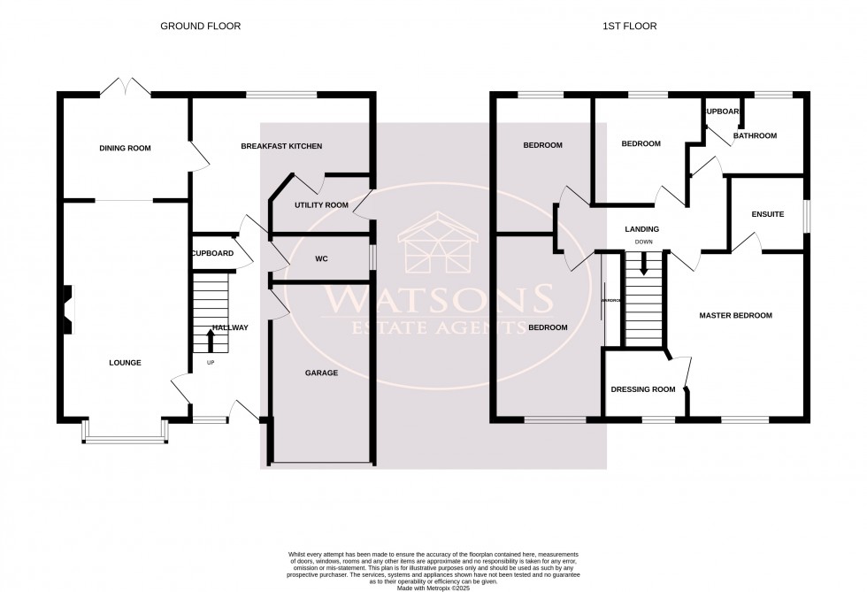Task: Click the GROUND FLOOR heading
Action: pyautogui.click(x=200, y=27)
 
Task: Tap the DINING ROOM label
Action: pyautogui.click(x=125, y=148)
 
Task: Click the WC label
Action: pyautogui.click(x=322, y=260)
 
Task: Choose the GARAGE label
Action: pyautogui.click(x=322, y=373)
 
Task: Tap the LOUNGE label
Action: pyautogui.click(x=125, y=363)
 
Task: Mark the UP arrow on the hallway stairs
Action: pyautogui.click(x=211, y=340)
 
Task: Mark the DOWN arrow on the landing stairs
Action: pyautogui.click(x=643, y=262)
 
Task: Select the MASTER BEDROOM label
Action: pyautogui.click(x=735, y=315)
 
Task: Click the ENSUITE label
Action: pyautogui.click(x=767, y=213)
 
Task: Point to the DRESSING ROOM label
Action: pyautogui.click(x=643, y=389)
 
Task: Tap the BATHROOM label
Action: pyautogui.click(x=754, y=135)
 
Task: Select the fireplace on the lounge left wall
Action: pyautogui.click(x=67, y=304)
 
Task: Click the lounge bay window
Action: pyautogui.click(x=124, y=432)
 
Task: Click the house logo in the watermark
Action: pyautogui.click(x=440, y=244)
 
